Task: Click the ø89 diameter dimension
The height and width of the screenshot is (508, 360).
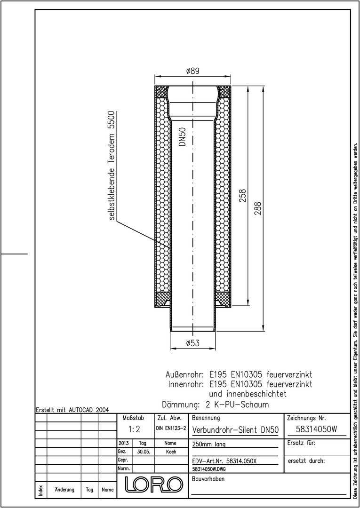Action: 193,71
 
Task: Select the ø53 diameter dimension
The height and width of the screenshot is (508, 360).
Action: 193,343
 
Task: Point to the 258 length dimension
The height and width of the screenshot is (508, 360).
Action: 243,196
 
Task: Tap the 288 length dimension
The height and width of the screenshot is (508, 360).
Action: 258,208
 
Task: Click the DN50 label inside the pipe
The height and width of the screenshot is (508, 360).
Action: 183,136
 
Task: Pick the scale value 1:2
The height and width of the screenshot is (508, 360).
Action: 134,429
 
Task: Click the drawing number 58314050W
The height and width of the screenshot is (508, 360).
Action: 317,429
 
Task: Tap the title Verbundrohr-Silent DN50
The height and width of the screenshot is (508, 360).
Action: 235,430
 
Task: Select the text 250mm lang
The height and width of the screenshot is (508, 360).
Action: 208,444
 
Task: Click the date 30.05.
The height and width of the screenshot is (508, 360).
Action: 143,452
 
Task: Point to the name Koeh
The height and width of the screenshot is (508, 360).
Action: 170,452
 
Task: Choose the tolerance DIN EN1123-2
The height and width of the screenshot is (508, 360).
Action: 171,429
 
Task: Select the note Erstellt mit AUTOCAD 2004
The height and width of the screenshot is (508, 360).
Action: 72,409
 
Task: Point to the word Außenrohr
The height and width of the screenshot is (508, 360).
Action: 184,375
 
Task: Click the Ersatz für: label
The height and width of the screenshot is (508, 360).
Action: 301,443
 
